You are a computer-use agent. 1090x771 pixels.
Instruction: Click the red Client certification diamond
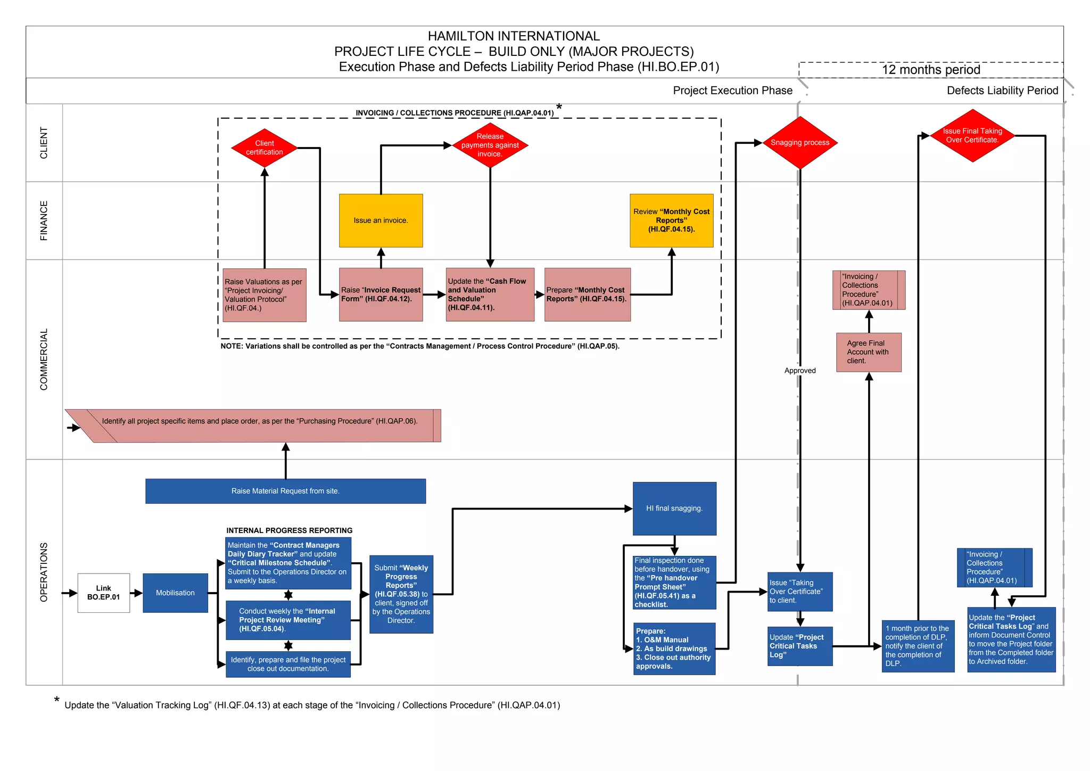[x=265, y=147]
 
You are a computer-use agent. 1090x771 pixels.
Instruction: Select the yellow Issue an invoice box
[x=381, y=220]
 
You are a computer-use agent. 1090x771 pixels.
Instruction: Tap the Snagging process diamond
[x=800, y=143]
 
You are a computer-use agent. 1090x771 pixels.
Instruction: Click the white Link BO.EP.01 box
[x=104, y=593]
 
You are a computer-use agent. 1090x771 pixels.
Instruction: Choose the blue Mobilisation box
[x=175, y=593]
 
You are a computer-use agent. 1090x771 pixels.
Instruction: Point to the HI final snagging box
[x=674, y=508]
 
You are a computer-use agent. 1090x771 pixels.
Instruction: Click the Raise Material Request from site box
[x=285, y=491]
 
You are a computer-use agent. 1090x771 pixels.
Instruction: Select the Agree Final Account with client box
[x=869, y=352]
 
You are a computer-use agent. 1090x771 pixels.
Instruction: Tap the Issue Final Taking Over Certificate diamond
[x=972, y=136]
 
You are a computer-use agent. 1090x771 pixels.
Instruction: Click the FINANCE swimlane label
[x=44, y=220]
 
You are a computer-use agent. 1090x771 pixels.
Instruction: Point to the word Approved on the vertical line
[x=800, y=371]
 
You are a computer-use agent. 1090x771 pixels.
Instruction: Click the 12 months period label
[x=931, y=70]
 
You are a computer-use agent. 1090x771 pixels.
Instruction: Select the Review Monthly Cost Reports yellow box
[x=671, y=220]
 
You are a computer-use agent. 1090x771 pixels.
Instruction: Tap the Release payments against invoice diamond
[x=490, y=145]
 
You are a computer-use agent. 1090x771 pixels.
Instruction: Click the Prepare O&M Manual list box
[x=674, y=649]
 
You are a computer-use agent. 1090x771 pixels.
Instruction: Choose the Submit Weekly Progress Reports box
[x=401, y=594]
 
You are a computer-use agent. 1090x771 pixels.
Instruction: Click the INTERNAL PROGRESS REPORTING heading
[x=289, y=530]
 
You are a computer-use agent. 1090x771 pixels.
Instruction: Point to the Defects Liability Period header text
[x=1002, y=91]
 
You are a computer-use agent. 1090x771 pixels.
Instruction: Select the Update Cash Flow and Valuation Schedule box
[x=490, y=294]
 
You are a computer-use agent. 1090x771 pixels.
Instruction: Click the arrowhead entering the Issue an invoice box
[x=381, y=251]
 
